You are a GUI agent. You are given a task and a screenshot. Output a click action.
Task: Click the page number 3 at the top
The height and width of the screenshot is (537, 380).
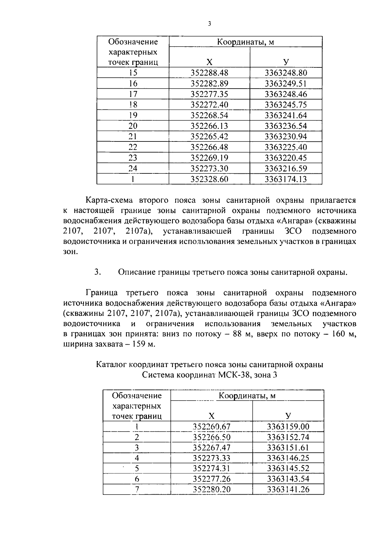209,24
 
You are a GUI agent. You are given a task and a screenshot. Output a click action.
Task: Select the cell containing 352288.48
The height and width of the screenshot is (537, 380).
209,73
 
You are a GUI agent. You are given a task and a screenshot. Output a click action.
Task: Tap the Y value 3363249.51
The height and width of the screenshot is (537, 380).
286,84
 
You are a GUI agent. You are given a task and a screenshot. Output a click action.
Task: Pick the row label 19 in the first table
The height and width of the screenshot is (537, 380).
133,115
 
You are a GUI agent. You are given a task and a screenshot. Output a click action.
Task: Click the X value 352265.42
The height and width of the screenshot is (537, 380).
209,136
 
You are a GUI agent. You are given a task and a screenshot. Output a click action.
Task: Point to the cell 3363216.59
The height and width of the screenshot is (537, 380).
286,168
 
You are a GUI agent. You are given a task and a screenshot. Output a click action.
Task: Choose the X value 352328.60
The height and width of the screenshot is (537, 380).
209,179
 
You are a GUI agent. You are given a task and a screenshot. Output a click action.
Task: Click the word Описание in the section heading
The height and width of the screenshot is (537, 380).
136,272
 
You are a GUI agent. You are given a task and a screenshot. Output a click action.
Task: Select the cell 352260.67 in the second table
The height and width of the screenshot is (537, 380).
212,427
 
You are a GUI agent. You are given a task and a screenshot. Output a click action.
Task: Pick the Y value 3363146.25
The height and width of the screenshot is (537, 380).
288,458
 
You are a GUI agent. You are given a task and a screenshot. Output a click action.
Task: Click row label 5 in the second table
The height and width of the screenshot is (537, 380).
137,468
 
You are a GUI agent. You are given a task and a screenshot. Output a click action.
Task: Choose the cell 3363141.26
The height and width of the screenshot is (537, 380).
288,489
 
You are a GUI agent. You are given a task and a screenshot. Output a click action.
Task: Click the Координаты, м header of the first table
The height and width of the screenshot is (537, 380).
245,41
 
